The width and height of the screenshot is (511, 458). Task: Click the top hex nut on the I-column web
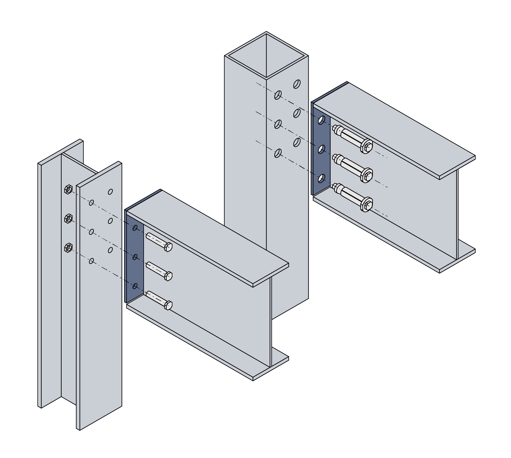68,189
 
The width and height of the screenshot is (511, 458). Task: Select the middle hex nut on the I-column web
68,219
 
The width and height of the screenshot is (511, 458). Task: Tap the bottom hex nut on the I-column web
68,248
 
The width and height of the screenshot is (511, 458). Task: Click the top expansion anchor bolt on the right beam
352,138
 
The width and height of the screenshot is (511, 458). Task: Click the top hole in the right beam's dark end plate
321,120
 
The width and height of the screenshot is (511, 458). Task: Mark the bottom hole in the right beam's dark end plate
321,178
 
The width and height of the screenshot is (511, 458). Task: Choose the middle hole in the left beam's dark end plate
135,257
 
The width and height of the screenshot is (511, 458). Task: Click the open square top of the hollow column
266,56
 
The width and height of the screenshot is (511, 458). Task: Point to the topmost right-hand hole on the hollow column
297,84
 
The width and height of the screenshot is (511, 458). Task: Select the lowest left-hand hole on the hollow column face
278,153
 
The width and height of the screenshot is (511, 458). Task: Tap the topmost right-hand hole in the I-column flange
110,191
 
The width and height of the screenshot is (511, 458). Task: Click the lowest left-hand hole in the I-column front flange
91,261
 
